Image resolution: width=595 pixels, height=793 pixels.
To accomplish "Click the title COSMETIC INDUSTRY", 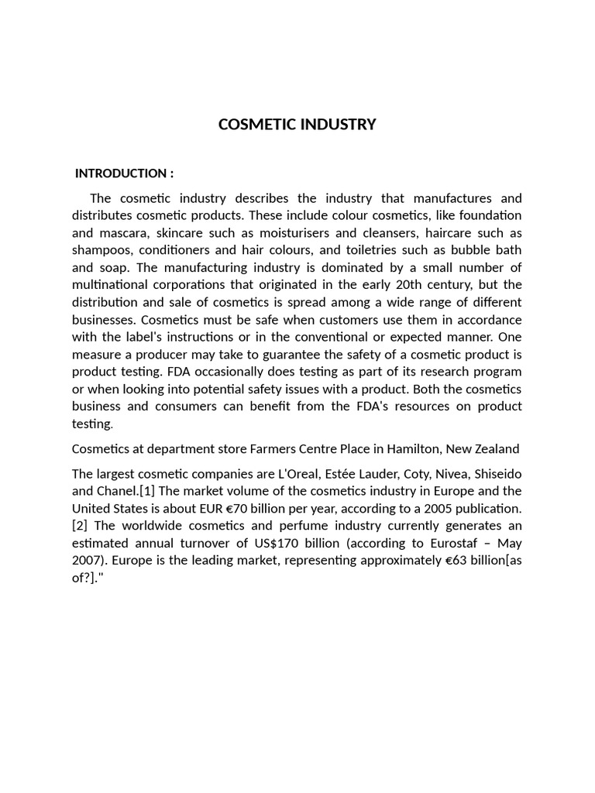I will point(297,125).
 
